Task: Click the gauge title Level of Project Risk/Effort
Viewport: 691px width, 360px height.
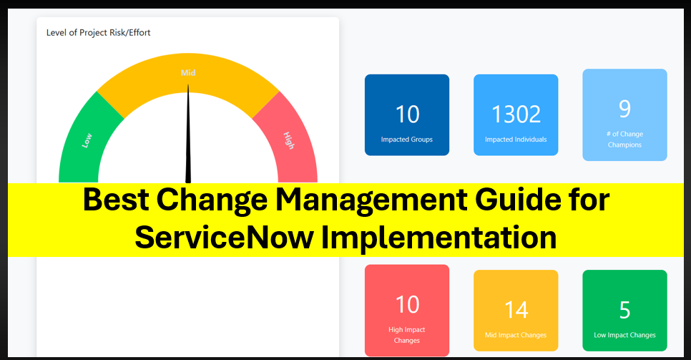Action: tap(98, 32)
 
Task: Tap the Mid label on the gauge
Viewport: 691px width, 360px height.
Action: tap(188, 72)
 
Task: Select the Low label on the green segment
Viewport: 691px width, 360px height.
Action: tap(87, 140)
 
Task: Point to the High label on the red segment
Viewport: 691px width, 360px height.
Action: tap(288, 140)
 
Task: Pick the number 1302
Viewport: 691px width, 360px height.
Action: tap(516, 114)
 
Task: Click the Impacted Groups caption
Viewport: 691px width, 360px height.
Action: tap(406, 140)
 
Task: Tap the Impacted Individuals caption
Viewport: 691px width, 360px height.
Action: tap(516, 140)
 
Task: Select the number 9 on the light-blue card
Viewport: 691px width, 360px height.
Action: tap(624, 109)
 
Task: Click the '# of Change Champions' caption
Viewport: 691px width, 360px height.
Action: tap(624, 139)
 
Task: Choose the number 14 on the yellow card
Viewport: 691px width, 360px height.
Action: tap(516, 310)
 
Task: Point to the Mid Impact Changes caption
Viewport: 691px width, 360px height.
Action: tap(516, 335)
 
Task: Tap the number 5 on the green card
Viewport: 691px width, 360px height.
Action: tap(624, 310)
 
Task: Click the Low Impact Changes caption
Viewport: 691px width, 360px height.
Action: tap(624, 335)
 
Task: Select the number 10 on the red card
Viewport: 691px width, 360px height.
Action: tap(407, 304)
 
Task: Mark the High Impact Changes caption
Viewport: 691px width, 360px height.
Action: tap(407, 335)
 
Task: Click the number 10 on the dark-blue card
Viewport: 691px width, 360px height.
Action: tap(407, 114)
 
